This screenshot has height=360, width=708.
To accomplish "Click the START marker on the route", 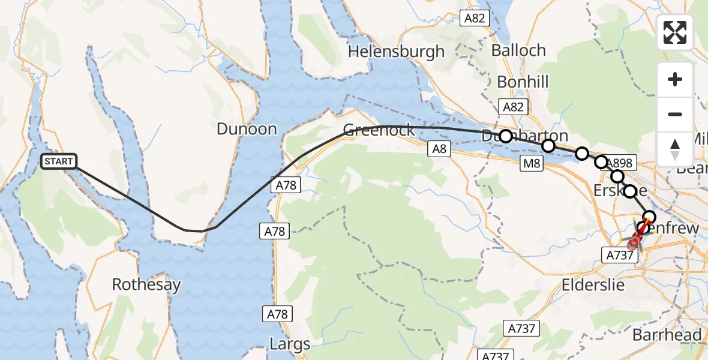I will pyautogui.click(x=59, y=161).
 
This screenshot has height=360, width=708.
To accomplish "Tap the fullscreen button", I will pyautogui.click(x=675, y=32).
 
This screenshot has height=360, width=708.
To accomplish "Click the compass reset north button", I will pyautogui.click(x=675, y=149).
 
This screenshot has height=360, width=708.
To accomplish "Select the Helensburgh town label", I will pyautogui.click(x=396, y=52).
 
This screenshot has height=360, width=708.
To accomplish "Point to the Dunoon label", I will pyautogui.click(x=247, y=129).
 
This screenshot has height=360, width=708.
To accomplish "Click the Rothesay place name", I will pyautogui.click(x=146, y=284).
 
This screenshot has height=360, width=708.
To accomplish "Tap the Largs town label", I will pyautogui.click(x=290, y=344).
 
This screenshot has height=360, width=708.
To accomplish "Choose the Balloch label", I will pyautogui.click(x=518, y=50).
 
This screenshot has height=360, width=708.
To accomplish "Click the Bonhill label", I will pyautogui.click(x=523, y=82).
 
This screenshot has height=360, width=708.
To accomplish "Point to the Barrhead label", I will pyautogui.click(x=667, y=335).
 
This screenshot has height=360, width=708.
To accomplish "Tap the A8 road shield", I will pyautogui.click(x=439, y=149).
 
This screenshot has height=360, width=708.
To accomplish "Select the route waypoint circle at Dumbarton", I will pyautogui.click(x=506, y=136).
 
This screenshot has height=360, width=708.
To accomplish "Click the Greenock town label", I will pyautogui.click(x=379, y=130).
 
